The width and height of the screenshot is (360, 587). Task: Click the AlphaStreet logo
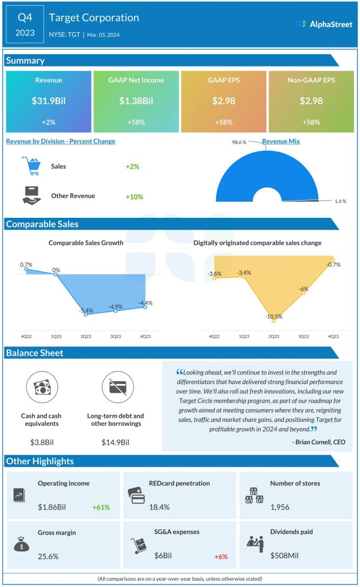324,24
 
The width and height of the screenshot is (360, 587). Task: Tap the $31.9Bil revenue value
48,101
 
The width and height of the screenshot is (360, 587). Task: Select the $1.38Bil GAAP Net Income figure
136,101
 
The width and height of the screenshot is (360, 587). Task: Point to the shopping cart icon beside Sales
31,166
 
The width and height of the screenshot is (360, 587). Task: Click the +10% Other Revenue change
134,197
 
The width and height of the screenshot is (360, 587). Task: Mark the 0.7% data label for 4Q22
26,264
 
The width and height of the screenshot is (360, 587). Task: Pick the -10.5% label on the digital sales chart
274,316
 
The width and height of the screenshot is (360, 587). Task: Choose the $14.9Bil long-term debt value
115,442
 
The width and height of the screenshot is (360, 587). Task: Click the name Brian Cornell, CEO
318,442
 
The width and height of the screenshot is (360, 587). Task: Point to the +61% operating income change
101,507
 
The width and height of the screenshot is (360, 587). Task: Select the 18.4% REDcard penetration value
143,507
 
